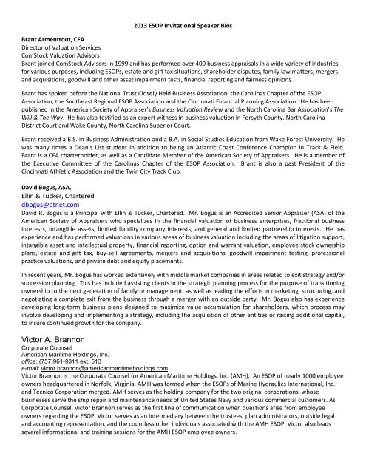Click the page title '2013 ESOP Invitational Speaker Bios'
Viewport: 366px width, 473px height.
(183, 27)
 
